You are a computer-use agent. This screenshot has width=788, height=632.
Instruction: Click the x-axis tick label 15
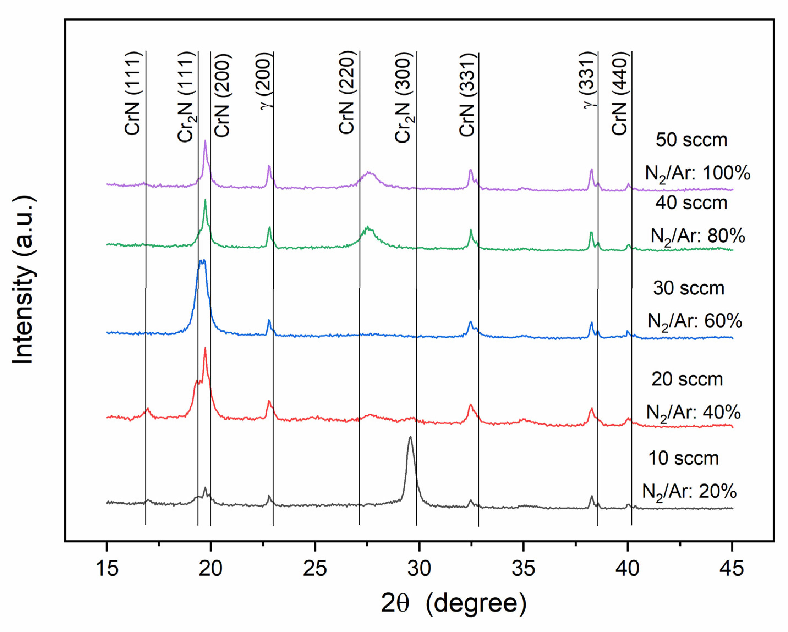(107, 569)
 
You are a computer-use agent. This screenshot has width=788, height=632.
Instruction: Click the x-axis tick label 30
(419, 569)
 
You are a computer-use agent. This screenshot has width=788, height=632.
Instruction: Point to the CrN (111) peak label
(133, 93)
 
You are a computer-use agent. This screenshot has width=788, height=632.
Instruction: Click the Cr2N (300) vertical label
(404, 97)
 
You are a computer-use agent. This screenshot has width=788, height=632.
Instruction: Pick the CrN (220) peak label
(346, 92)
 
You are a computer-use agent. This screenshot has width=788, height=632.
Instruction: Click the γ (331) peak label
(589, 79)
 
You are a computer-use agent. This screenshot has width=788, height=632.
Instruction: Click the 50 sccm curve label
(691, 140)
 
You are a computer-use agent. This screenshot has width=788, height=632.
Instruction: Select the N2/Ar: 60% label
(694, 322)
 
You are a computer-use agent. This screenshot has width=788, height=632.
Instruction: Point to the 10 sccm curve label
(683, 458)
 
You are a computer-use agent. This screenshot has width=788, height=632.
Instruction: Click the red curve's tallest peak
(205, 349)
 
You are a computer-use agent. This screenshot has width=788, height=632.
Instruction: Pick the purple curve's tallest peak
(205, 141)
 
